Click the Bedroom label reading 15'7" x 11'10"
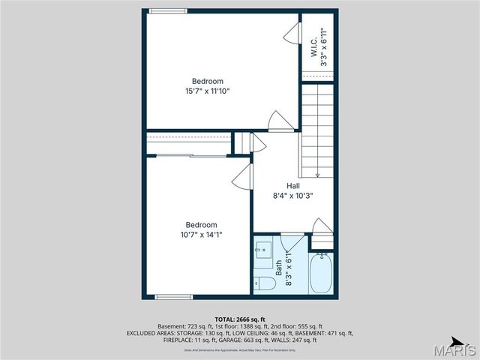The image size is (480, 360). (207, 86)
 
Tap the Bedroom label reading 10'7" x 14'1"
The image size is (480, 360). (202, 229)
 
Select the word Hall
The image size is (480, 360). (293, 185)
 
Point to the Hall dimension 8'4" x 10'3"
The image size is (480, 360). (292, 195)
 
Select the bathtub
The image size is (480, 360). (321, 274)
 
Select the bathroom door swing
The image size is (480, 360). (291, 241)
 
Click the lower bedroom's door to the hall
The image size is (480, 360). (242, 177)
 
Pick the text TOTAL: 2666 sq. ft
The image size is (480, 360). (240, 319)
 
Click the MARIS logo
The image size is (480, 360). (454, 349)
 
